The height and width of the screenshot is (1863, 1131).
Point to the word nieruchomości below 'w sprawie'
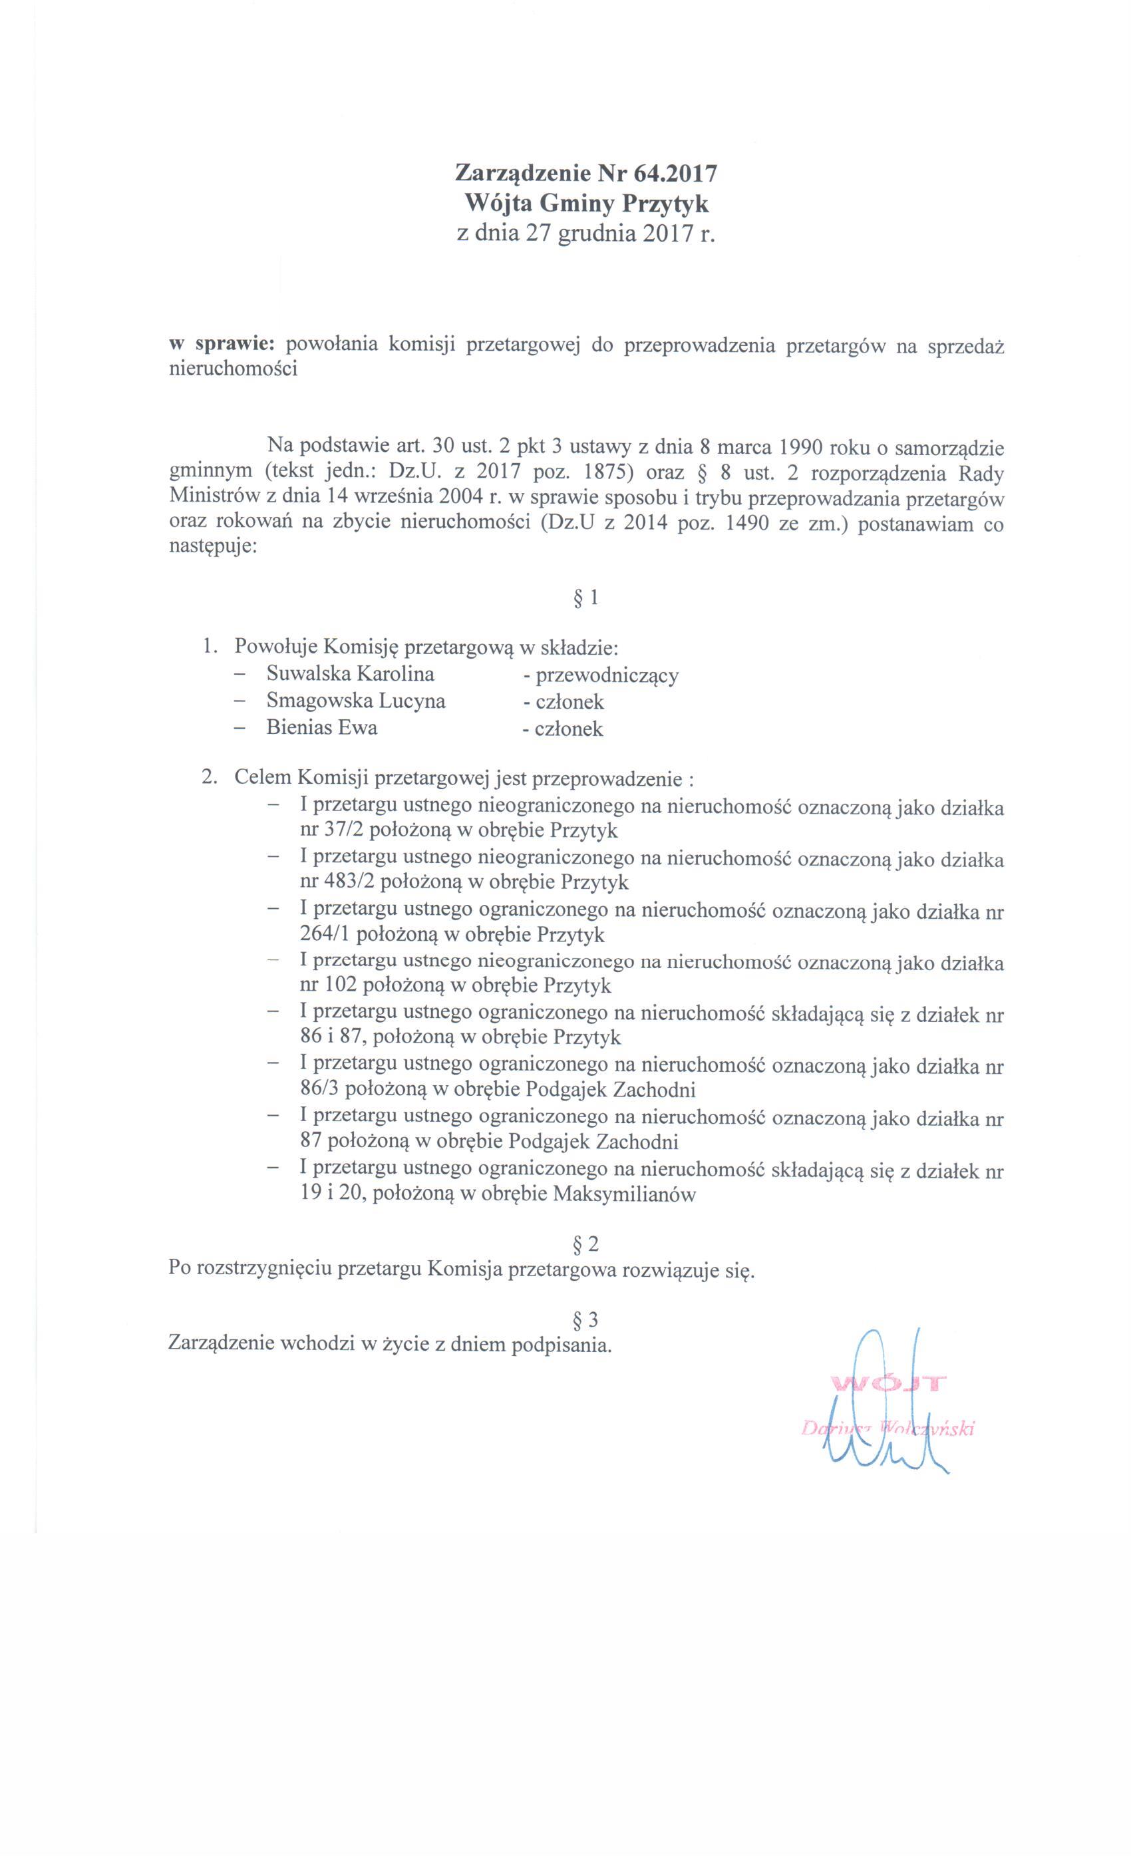tap(233, 370)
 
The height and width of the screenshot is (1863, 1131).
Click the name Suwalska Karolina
tap(350, 673)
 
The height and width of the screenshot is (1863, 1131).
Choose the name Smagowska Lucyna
tap(355, 701)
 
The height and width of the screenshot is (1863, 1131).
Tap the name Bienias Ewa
tap(321, 727)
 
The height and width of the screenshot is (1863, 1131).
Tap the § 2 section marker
tap(586, 1244)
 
